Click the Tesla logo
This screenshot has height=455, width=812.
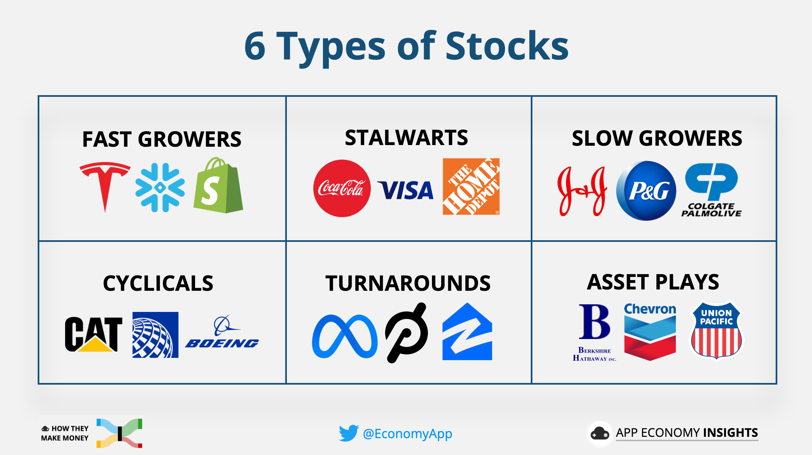(105, 185)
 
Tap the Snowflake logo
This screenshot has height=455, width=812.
(160, 188)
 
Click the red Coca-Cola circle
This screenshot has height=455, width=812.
(342, 188)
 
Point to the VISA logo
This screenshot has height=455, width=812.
(406, 190)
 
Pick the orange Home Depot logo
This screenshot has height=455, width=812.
(471, 187)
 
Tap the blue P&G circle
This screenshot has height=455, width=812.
(646, 191)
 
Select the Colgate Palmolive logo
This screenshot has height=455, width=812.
(712, 190)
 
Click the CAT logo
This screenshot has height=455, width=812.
(94, 334)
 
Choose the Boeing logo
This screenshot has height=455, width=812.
(222, 334)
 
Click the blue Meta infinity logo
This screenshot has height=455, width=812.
(344, 336)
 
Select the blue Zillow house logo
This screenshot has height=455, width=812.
(467, 332)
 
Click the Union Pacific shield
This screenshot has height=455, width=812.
(716, 330)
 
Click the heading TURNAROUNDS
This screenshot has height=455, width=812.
(408, 284)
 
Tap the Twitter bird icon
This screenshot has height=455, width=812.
(348, 433)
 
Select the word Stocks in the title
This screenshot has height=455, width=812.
(507, 46)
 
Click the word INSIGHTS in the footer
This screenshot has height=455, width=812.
(730, 433)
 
